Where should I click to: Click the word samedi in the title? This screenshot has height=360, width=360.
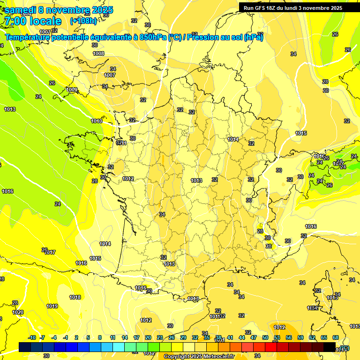(22, 10)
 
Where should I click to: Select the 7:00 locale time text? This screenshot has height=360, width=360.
(33, 21)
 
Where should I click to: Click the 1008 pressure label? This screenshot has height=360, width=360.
(98, 54)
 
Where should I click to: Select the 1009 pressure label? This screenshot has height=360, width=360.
(72, 90)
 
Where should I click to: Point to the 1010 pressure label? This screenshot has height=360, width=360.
(97, 121)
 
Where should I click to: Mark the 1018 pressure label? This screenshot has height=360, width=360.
(75, 297)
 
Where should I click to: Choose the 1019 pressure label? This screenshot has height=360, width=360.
(52, 306)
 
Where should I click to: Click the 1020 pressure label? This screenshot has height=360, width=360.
(18, 312)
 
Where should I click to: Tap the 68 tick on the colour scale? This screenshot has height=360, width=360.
(336, 337)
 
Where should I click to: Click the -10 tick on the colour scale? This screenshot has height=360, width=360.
(32, 337)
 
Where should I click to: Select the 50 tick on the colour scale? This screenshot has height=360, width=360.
(265, 337)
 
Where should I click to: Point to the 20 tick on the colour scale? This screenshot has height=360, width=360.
(148, 337)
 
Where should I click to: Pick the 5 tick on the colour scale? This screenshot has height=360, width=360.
(88, 337)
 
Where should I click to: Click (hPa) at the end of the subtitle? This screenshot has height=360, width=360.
(253, 37)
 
